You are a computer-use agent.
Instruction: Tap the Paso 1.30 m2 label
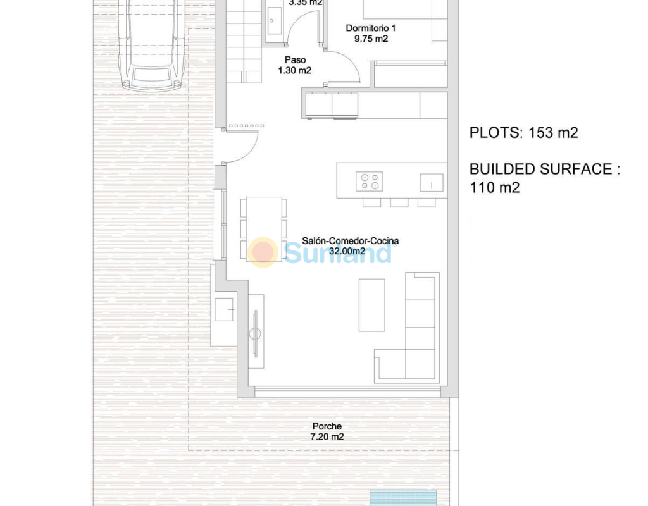pyautogui.click(x=295, y=65)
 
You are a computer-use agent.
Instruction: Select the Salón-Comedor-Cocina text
pyautogui.click(x=351, y=241)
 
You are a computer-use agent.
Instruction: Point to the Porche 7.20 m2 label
pyautogui.click(x=327, y=431)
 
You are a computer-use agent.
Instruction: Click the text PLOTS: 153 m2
pyautogui.click(x=523, y=133)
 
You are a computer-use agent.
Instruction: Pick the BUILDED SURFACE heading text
pyautogui.click(x=545, y=169)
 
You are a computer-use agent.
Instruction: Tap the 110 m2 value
pyautogui.click(x=495, y=187)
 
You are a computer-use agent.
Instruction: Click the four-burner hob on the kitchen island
pyautogui.click(x=370, y=182)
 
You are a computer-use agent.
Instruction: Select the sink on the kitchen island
pyautogui.click(x=432, y=183)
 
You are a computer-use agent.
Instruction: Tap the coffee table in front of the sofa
pyautogui.click(x=371, y=305)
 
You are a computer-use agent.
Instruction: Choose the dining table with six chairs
pyautogui.click(x=264, y=229)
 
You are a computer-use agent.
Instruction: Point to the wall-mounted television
pyautogui.click(x=256, y=333)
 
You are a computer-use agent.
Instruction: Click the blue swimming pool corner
pyautogui.click(x=403, y=497)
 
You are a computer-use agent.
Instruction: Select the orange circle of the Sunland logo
pyautogui.click(x=263, y=252)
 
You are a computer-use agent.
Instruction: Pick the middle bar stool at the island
pyautogui.click(x=399, y=202)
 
